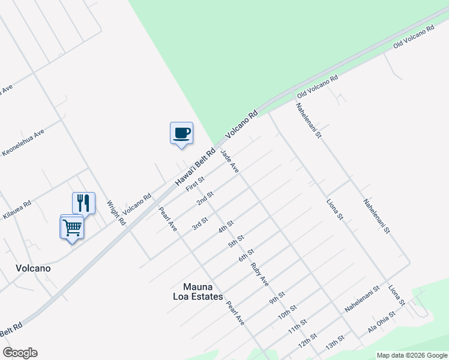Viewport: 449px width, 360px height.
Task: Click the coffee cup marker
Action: click(181, 133)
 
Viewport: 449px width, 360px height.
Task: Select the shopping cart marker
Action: click(71, 227)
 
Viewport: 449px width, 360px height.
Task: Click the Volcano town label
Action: click(34, 268)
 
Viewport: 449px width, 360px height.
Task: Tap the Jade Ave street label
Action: click(230, 162)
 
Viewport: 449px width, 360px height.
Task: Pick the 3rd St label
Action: click(199, 223)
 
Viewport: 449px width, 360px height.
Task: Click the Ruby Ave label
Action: click(260, 274)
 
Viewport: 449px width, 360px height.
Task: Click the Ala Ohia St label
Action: click(382, 322)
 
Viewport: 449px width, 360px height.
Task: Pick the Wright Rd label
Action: click(116, 212)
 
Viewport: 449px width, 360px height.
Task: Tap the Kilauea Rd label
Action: click(18, 208)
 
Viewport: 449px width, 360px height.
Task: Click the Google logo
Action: click(20, 353)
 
